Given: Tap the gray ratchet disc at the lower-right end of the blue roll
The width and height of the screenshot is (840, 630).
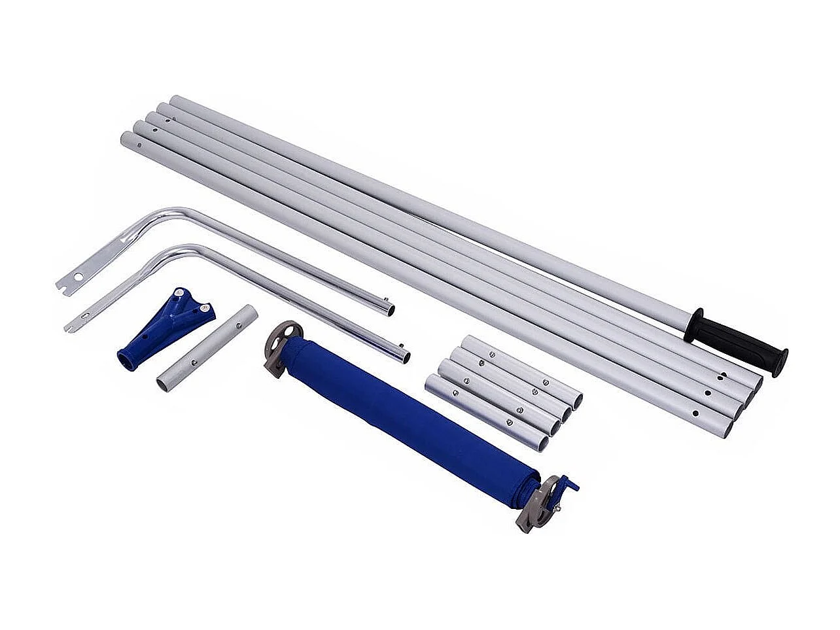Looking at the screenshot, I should tap(534, 504).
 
